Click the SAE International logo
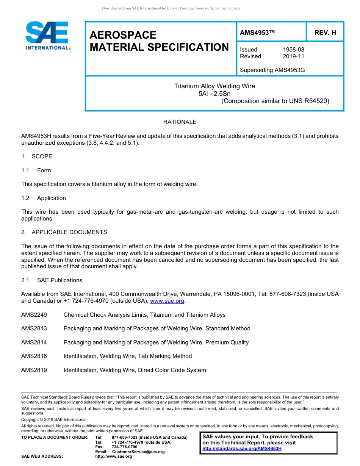[x=47, y=36]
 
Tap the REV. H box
[x=325, y=33]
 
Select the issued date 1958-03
[x=293, y=50]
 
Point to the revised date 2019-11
[x=293, y=56]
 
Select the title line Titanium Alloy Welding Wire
[x=214, y=86]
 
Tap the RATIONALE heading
[x=180, y=122]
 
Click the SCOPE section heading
[x=42, y=156]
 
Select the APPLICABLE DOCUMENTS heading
[x=69, y=232]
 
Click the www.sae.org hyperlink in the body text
[x=167, y=301]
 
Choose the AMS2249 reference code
[x=34, y=315]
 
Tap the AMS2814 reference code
[x=34, y=342]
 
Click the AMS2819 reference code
[x=34, y=370]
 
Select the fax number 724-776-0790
[x=124, y=447]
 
